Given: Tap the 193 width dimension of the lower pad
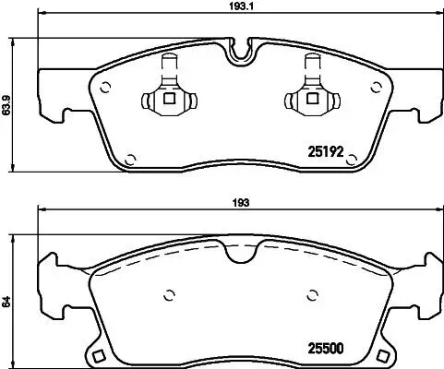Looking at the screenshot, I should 243,203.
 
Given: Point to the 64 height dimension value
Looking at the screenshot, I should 8,300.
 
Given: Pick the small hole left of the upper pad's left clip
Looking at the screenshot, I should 106,89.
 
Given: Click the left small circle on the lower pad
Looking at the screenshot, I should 169,296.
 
